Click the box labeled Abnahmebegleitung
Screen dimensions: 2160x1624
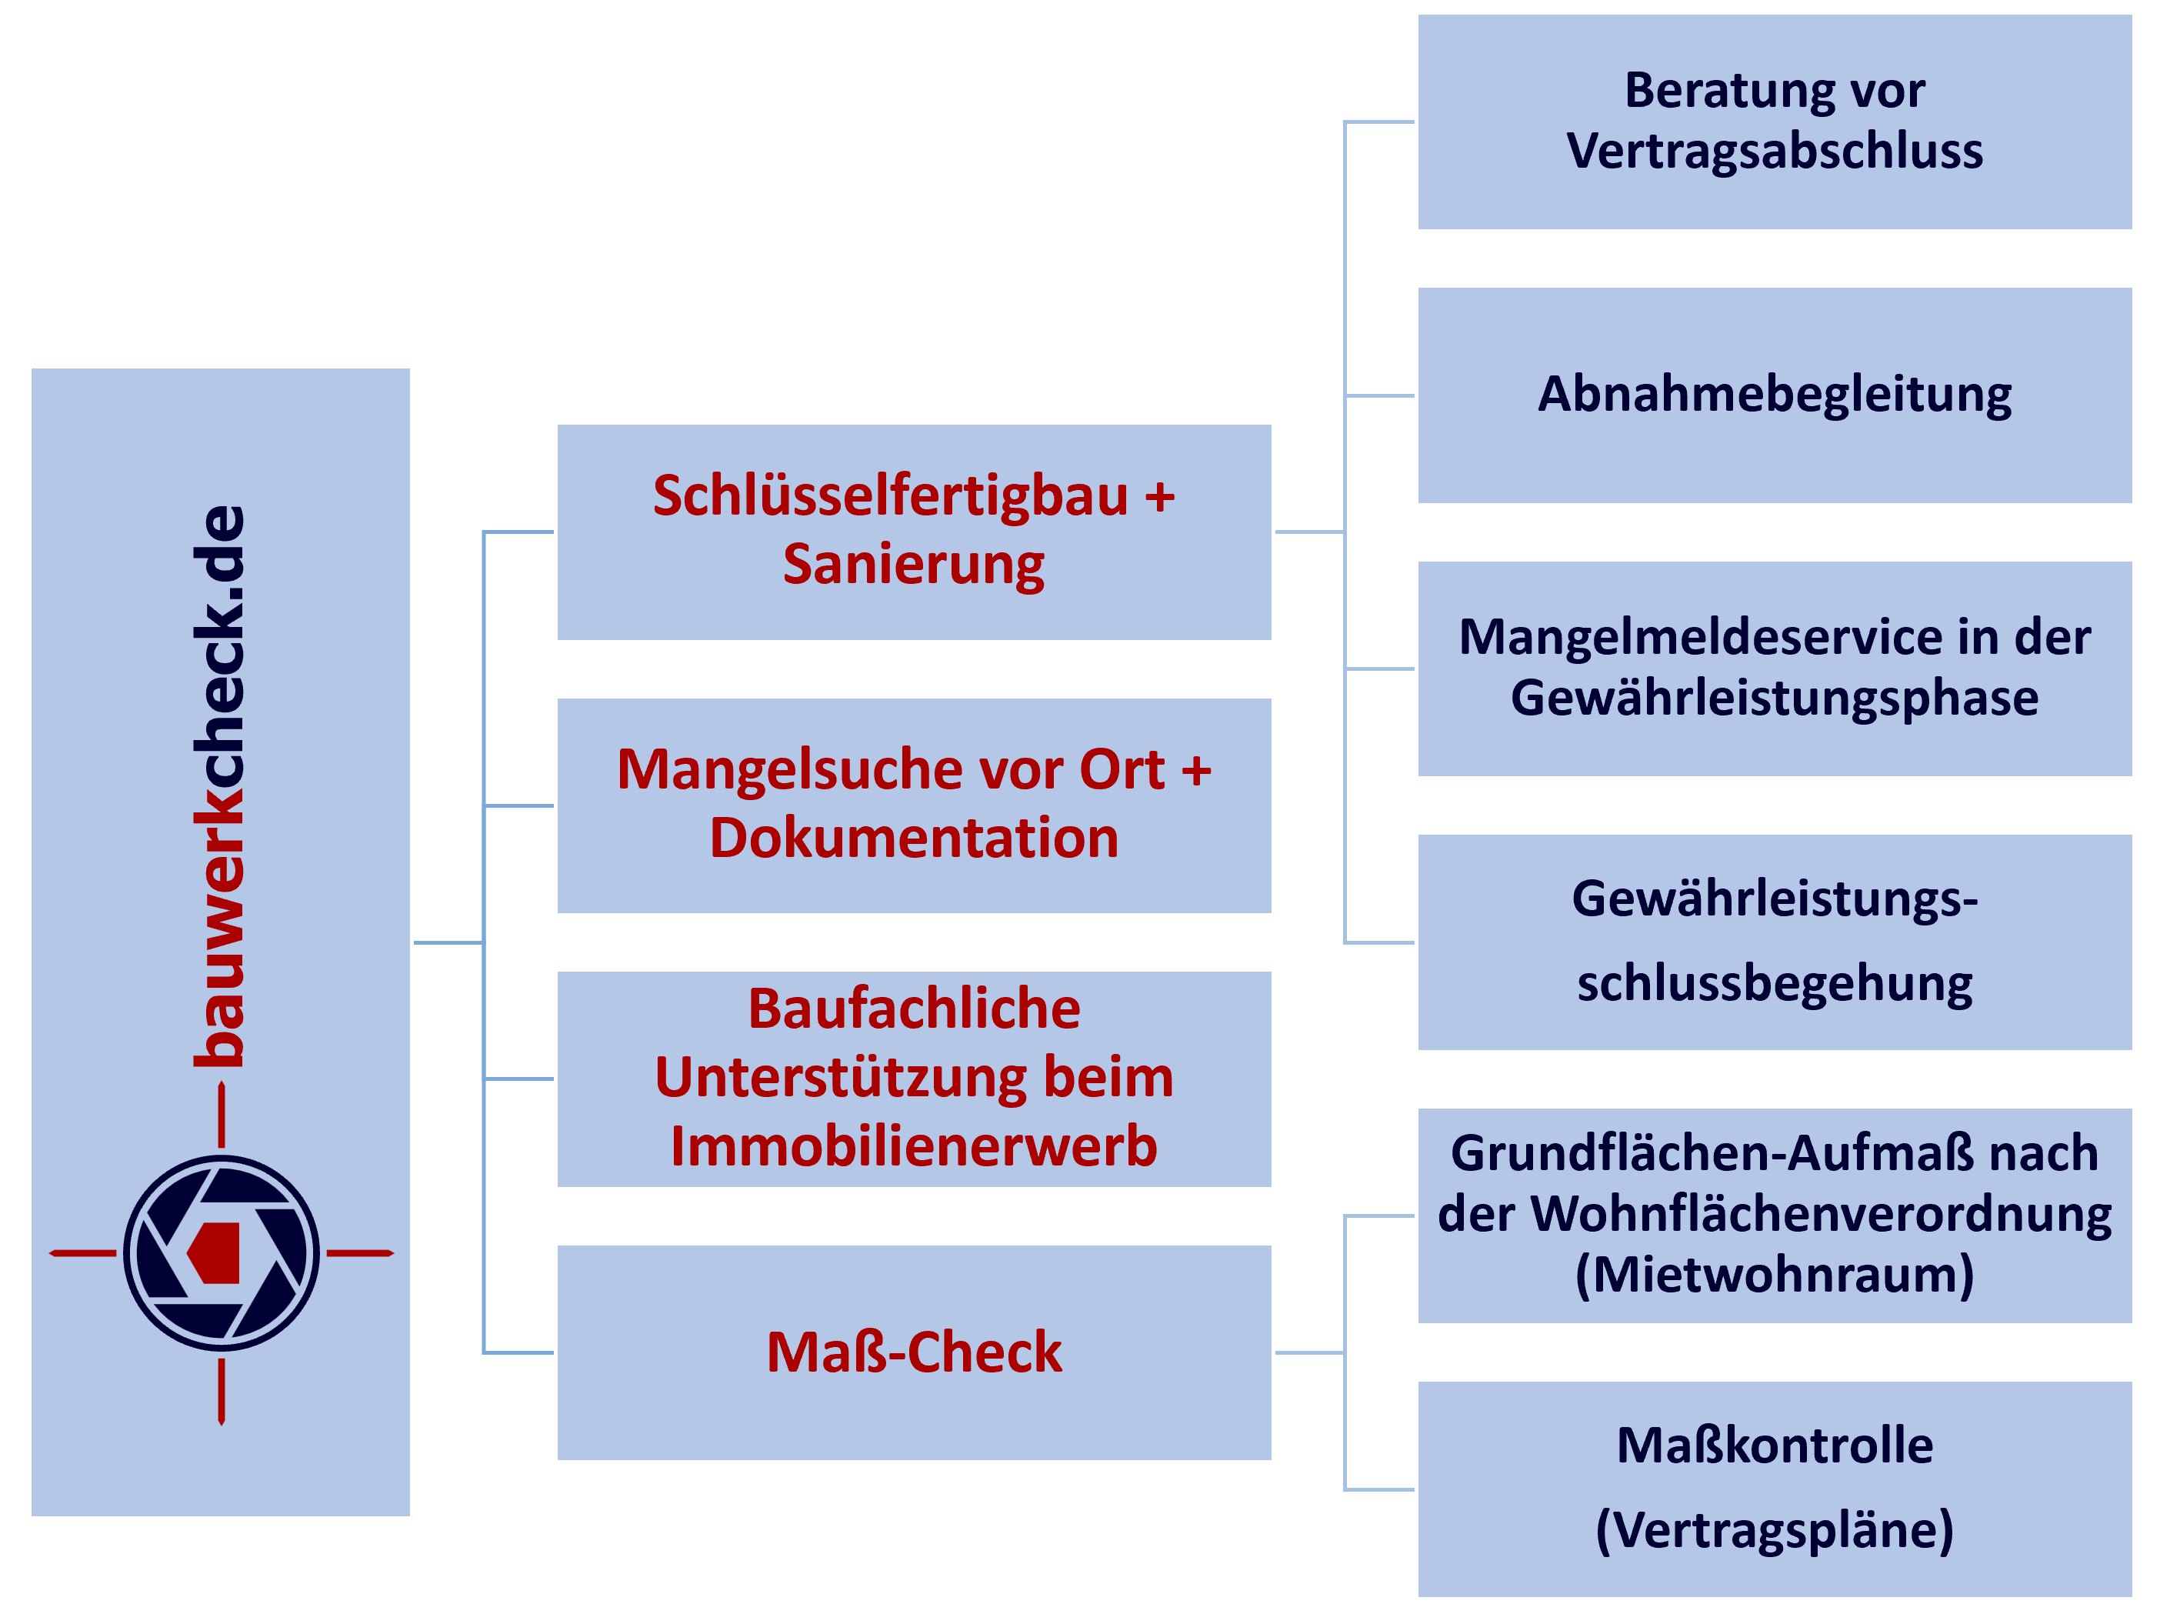tap(1775, 395)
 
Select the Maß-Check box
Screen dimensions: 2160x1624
tap(914, 1352)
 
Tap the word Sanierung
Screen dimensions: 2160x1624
tap(914, 565)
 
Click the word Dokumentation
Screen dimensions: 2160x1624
tap(914, 838)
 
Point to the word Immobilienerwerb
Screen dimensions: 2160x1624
tap(914, 1145)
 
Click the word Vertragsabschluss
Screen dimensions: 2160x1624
tap(1775, 152)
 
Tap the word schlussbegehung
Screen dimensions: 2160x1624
tap(1775, 983)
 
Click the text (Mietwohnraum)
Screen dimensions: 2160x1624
tap(1775, 1275)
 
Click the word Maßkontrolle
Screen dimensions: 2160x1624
tap(1775, 1446)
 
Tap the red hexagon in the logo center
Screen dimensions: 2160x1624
tap(214, 1253)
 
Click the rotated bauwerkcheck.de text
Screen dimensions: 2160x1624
tap(218, 786)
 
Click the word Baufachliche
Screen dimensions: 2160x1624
tap(914, 1008)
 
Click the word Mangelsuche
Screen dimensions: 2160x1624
tap(791, 769)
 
